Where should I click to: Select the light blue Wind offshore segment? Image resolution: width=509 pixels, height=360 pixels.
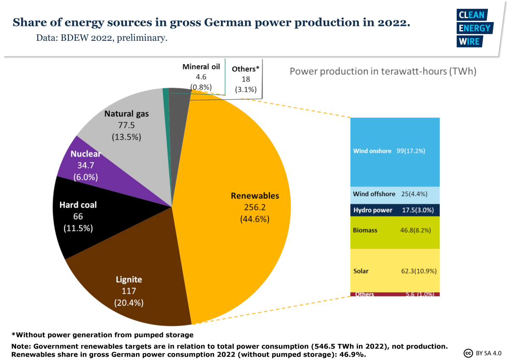(395, 194)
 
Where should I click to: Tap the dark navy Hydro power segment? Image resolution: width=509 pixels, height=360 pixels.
(395, 210)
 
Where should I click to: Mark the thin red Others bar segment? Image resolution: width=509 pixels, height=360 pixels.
(395, 294)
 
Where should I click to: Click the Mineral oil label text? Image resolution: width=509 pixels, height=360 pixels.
(201, 67)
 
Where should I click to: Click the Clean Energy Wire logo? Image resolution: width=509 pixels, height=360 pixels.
(474, 28)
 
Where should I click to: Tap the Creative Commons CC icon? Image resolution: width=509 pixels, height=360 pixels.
(468, 353)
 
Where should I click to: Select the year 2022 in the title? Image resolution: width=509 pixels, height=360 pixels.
(393, 22)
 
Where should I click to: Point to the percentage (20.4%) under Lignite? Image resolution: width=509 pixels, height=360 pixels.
(129, 303)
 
